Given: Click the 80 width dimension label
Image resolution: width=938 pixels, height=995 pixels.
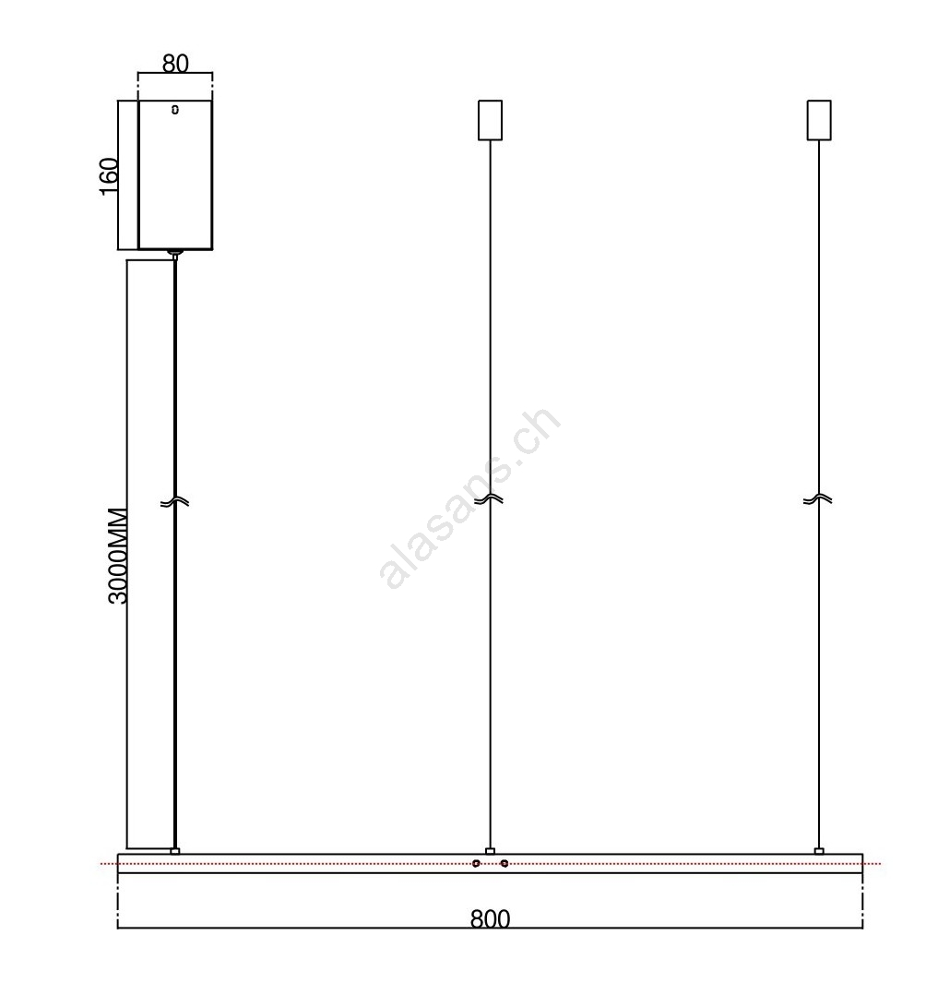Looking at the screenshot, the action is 175,64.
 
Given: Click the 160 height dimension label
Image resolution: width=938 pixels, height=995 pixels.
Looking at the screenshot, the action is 109,176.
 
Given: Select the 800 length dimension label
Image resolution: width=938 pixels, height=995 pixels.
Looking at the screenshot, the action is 491,919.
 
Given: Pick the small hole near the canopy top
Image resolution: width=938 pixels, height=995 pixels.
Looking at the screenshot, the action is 175,110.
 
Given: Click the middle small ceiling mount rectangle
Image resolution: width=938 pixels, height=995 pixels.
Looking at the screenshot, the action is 490,120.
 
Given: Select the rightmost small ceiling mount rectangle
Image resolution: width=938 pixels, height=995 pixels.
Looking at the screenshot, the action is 819,120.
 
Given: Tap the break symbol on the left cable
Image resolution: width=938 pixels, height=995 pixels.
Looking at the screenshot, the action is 175,502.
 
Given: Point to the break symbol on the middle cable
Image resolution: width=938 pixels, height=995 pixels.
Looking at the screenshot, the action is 490,499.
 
